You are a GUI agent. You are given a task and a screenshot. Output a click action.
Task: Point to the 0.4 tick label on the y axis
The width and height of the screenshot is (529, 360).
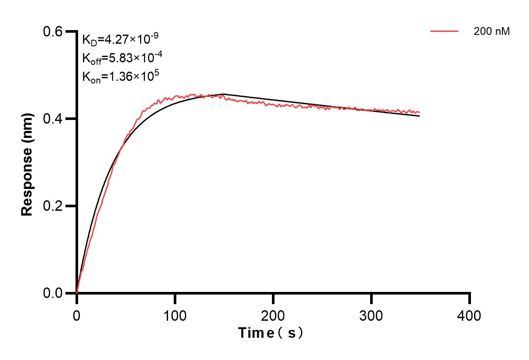[52, 119]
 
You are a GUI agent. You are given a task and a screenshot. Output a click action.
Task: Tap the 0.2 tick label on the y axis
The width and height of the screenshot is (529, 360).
[52, 206]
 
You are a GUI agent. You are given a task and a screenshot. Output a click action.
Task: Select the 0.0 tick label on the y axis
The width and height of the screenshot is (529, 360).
[52, 293]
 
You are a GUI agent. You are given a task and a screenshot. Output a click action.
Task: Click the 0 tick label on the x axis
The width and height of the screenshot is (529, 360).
[77, 315]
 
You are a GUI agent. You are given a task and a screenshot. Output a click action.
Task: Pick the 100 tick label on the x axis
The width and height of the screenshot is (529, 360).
[175, 315]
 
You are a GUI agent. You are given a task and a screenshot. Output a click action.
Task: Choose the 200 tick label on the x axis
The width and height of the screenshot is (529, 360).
[273, 315]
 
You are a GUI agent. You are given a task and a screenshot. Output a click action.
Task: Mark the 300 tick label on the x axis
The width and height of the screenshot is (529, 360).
[371, 315]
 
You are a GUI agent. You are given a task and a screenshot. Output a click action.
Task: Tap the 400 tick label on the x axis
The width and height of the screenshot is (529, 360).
[470, 315]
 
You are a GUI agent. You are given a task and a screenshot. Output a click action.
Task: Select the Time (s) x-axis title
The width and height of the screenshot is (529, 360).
[271, 333]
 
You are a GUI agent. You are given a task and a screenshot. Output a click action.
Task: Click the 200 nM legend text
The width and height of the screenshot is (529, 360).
[492, 31]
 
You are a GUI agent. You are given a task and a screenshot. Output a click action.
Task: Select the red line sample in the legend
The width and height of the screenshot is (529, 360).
[444, 31]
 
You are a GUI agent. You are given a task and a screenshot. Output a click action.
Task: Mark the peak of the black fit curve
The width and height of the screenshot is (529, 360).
[224, 94]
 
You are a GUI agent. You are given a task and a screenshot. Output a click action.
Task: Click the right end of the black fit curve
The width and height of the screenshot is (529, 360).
[420, 116]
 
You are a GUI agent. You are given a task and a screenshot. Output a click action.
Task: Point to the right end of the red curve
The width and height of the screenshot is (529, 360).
[420, 113]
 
